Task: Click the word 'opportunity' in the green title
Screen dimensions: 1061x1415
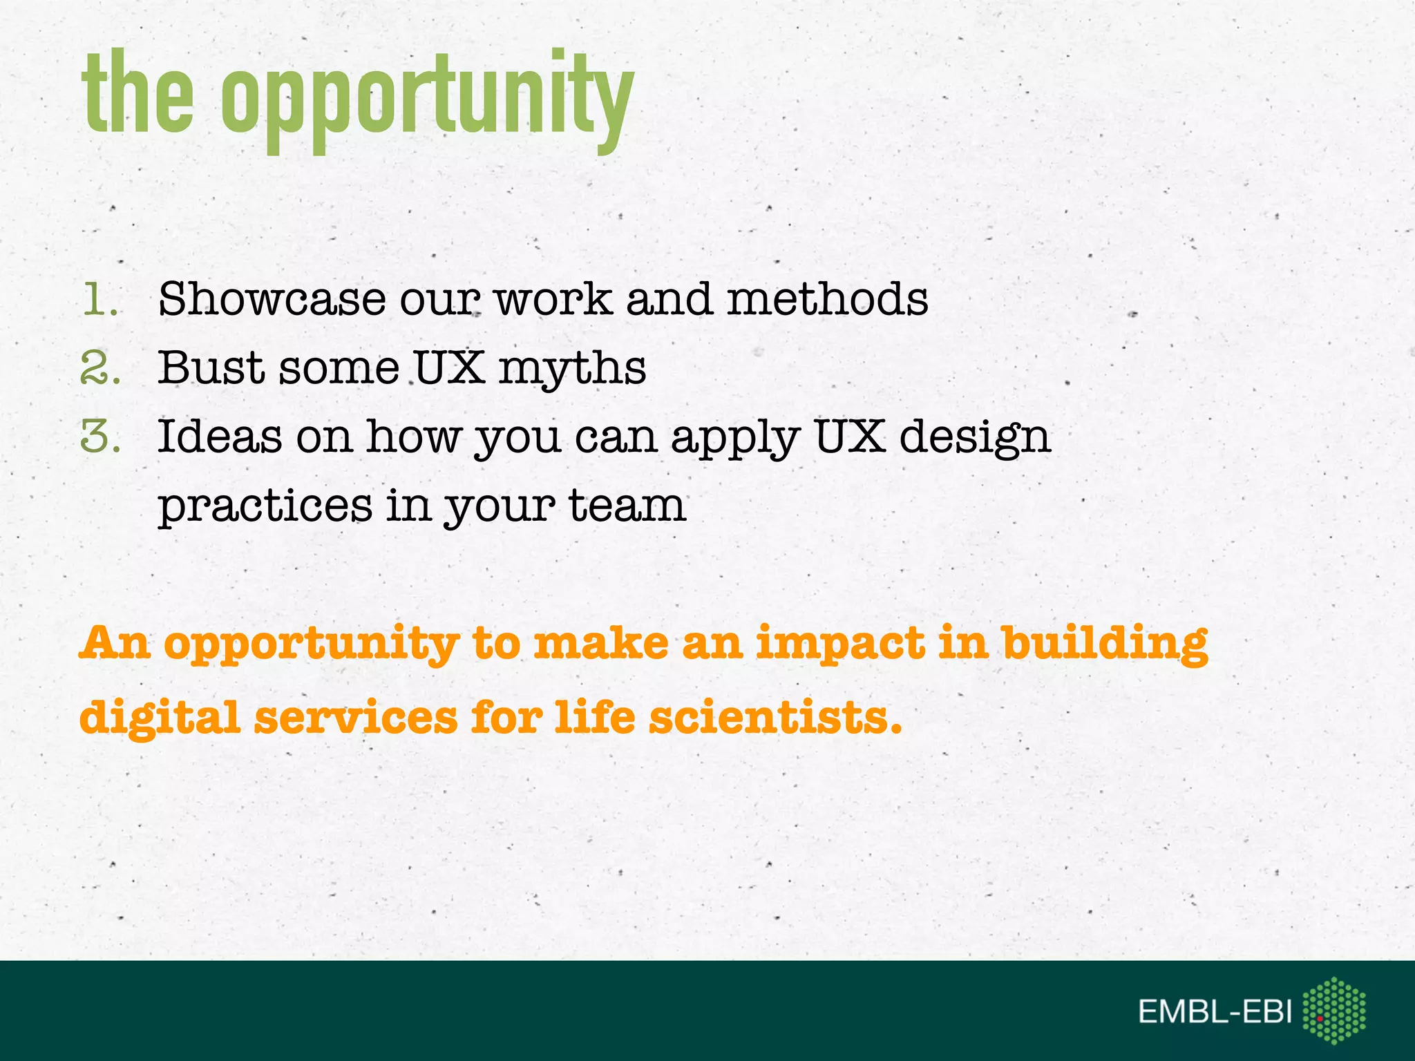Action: click(426, 97)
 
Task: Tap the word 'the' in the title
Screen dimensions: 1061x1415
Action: click(138, 93)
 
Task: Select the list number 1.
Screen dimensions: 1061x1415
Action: click(99, 300)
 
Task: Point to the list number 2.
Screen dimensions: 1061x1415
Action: click(100, 367)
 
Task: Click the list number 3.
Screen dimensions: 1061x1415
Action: click(100, 437)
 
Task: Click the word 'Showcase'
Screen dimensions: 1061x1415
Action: click(272, 300)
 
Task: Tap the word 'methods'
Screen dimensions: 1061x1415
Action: click(827, 300)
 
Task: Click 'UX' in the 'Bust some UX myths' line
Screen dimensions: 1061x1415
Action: click(449, 367)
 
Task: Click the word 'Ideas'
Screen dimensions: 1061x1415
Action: click(220, 437)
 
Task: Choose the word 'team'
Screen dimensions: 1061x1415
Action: click(627, 506)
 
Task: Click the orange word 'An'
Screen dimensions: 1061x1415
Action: click(115, 643)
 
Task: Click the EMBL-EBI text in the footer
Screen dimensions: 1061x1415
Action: click(1215, 1012)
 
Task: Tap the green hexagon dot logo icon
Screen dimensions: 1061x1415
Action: click(1333, 1010)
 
